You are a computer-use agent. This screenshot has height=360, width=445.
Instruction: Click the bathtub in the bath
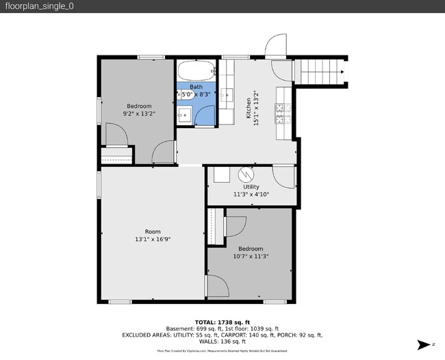(197, 70)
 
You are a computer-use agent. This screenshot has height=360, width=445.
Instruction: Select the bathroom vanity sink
(183, 115)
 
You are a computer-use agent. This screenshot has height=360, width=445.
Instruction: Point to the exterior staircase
(320, 70)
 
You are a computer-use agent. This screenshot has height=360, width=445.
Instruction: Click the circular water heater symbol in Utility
(246, 175)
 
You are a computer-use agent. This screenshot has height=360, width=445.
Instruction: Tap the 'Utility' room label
(251, 186)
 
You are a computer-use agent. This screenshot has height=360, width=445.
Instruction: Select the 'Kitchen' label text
(249, 109)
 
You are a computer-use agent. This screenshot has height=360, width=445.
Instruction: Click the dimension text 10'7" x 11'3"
(251, 257)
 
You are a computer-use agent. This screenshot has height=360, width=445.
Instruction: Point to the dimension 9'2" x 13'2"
(139, 114)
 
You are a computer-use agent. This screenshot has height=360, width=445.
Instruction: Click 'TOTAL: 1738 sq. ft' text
(222, 322)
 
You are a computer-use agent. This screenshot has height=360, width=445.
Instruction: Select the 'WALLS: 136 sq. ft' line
(222, 342)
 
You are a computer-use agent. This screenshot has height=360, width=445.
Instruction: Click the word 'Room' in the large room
(152, 231)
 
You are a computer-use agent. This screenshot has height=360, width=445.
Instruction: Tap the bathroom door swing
(205, 117)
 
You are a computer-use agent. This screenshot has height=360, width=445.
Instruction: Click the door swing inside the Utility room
(284, 176)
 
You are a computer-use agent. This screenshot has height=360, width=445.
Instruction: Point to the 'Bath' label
(196, 87)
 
